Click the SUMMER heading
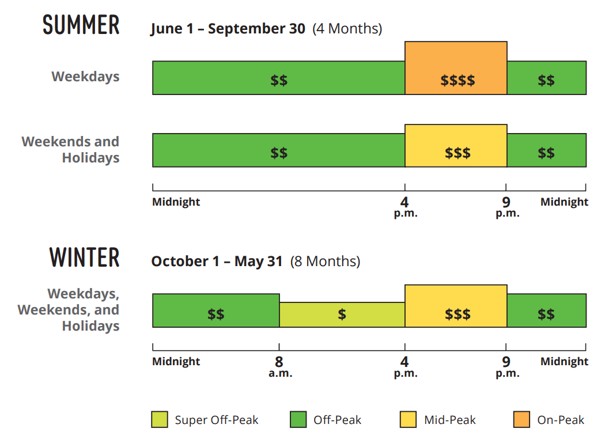pos(81,25)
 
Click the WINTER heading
pos(85,257)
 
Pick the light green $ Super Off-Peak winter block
pos(342,315)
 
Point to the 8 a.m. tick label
pos(279,367)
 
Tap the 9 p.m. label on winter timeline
pos(506,367)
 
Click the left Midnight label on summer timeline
pos(176,202)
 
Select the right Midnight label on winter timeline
pos(564,362)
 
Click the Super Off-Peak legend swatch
pos(160,420)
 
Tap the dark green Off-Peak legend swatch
pos(298,420)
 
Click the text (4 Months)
pos(347,29)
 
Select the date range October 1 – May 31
pos(217,262)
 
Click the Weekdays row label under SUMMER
pos(85,77)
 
